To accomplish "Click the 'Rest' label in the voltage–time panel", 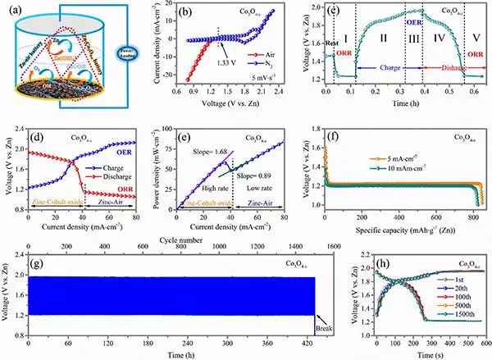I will (x=331, y=44).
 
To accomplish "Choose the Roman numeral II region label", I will (x=385, y=39).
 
